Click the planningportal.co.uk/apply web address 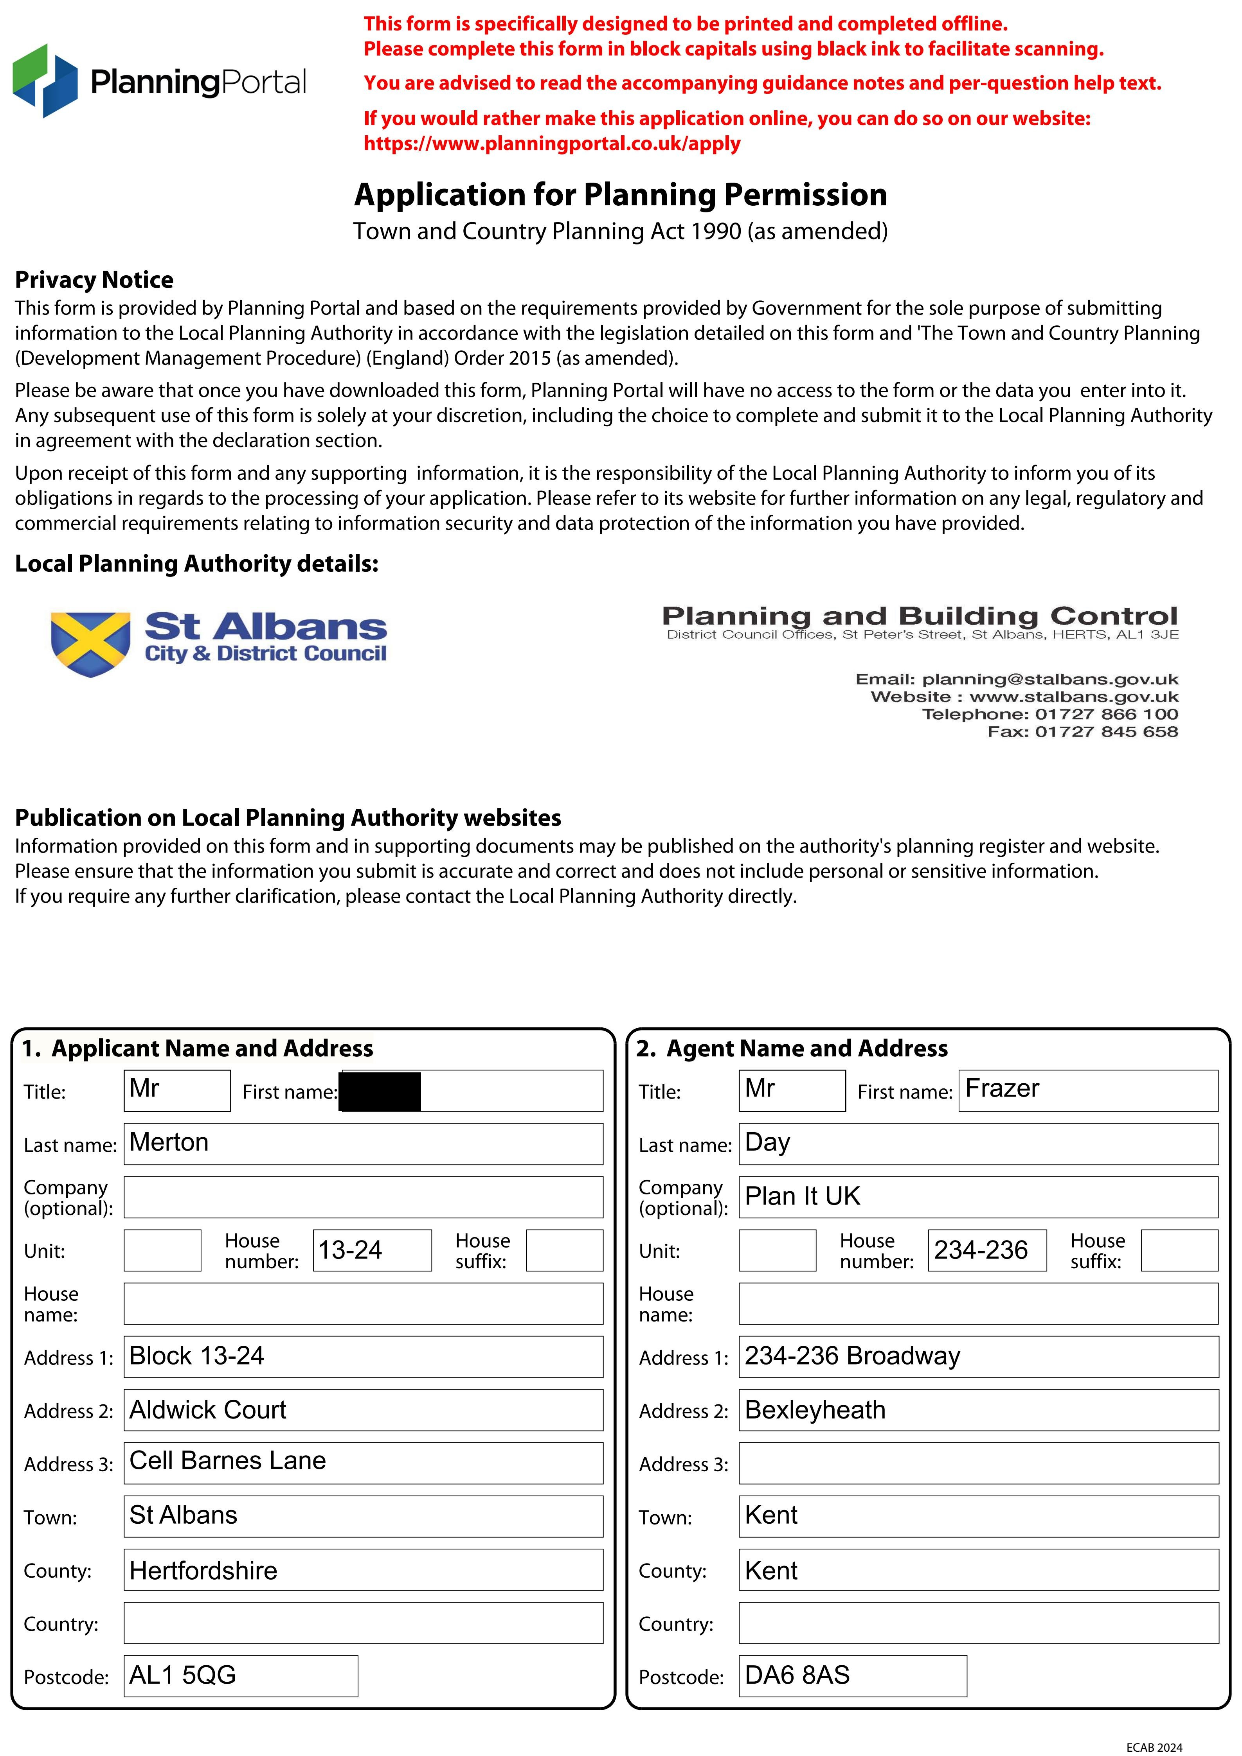[x=552, y=144]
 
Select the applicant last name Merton [x=169, y=1142]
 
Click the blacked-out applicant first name [x=380, y=1092]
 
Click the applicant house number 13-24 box [x=372, y=1250]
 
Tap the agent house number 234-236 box [x=986, y=1250]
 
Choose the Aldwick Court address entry [x=207, y=1409]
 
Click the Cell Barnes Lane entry [x=227, y=1461]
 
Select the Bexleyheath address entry [x=815, y=1409]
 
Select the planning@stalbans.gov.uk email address [x=1050, y=679]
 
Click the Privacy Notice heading [x=94, y=280]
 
